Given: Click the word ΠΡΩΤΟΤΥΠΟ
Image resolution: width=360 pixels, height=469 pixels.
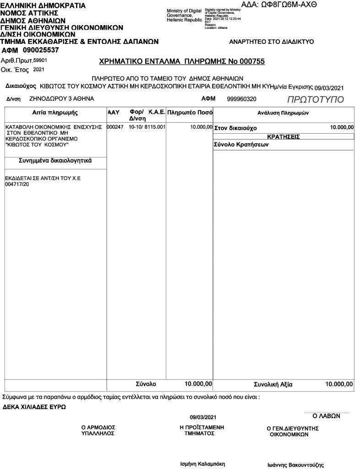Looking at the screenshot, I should pyautogui.click(x=315, y=100).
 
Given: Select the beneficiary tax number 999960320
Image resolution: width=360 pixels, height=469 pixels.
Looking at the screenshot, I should pyautogui.click(x=242, y=98).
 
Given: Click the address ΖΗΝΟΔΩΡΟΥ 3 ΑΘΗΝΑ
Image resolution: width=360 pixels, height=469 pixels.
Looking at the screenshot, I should pyautogui.click(x=61, y=98).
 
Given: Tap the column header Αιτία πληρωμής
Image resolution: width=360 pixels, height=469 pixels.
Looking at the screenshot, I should pyautogui.click(x=55, y=113).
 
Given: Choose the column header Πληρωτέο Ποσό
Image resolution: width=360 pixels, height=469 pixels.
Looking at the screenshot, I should pyautogui.click(x=190, y=112).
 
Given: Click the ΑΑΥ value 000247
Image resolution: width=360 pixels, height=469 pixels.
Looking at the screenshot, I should pyautogui.click(x=115, y=126).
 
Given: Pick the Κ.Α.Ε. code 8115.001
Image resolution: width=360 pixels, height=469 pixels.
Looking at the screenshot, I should pyautogui.click(x=155, y=126).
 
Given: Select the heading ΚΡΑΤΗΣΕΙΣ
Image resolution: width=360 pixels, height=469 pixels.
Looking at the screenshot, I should pyautogui.click(x=283, y=136).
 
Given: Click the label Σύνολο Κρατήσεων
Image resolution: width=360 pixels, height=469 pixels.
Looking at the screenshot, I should pyautogui.click(x=241, y=145).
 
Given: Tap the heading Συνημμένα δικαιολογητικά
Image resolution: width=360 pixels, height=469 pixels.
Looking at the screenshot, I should pyautogui.click(x=55, y=161).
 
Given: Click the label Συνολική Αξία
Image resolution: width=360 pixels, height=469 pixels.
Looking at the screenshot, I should pyautogui.click(x=273, y=384).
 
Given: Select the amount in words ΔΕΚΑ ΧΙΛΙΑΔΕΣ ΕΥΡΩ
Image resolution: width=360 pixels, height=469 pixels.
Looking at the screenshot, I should pyautogui.click(x=34, y=407).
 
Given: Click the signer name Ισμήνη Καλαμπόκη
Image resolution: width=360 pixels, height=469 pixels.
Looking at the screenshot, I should pyautogui.click(x=203, y=464).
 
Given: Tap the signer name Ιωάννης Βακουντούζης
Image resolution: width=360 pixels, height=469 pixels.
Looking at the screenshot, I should pyautogui.click(x=295, y=465).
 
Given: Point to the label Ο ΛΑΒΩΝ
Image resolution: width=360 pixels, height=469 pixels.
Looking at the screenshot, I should pyautogui.click(x=326, y=417).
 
